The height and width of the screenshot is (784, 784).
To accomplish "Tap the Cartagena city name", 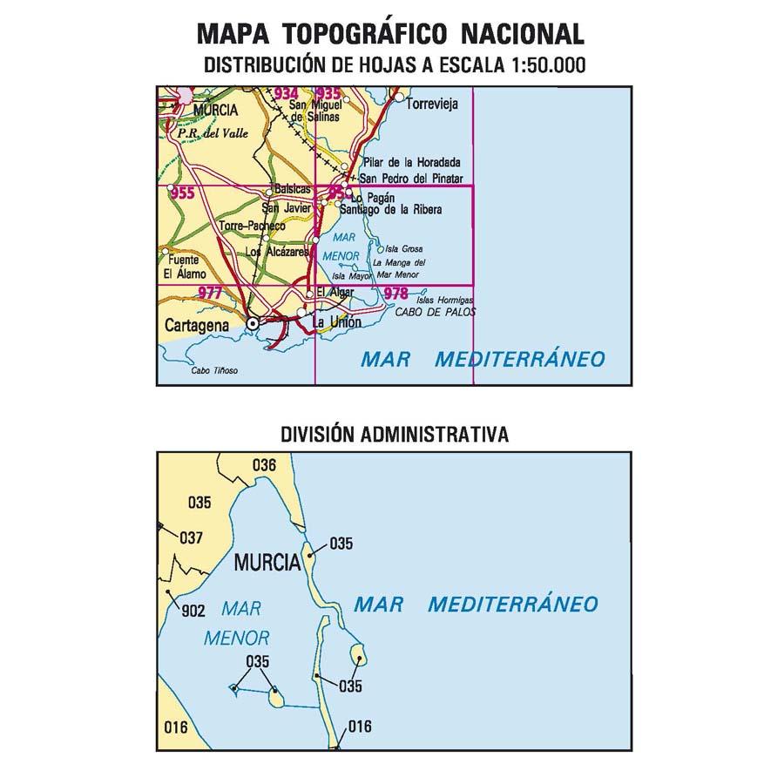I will [196, 325].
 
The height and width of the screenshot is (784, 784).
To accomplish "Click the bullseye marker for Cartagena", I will [253, 323].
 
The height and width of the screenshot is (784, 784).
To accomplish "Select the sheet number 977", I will [209, 294].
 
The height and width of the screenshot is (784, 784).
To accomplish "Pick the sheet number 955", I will [182, 193].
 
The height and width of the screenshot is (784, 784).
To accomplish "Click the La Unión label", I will [336, 323].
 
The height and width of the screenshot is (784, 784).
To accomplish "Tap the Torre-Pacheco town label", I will [253, 226].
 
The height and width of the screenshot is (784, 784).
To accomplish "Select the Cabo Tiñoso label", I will [214, 371].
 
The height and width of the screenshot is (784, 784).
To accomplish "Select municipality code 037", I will [191, 537].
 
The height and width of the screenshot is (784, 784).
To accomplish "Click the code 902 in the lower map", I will [193, 611].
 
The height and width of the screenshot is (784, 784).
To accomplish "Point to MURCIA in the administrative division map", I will [267, 563].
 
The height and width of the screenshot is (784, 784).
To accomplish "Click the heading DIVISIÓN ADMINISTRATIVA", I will [395, 434].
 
